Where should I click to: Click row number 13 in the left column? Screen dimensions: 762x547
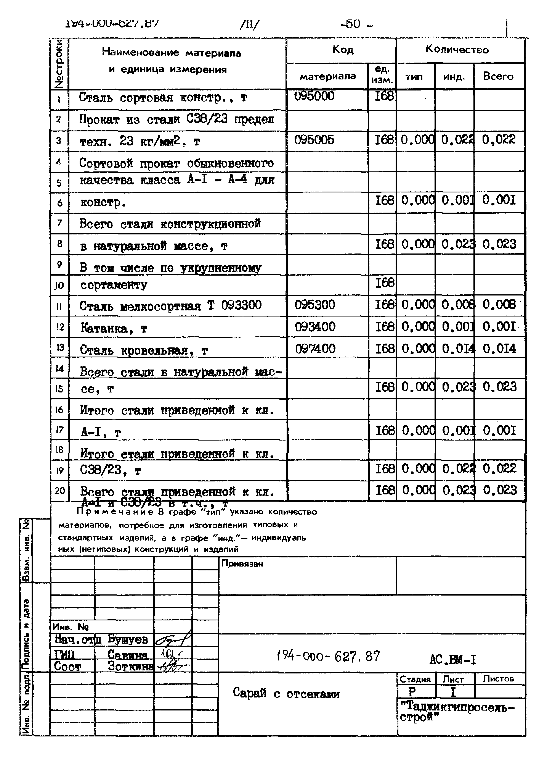tap(60, 347)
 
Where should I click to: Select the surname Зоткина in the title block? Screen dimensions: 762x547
tap(131, 666)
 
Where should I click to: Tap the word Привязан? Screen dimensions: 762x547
tap(242, 564)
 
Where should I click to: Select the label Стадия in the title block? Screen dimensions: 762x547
tap(415, 679)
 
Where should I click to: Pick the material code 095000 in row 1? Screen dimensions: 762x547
tap(314, 96)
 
